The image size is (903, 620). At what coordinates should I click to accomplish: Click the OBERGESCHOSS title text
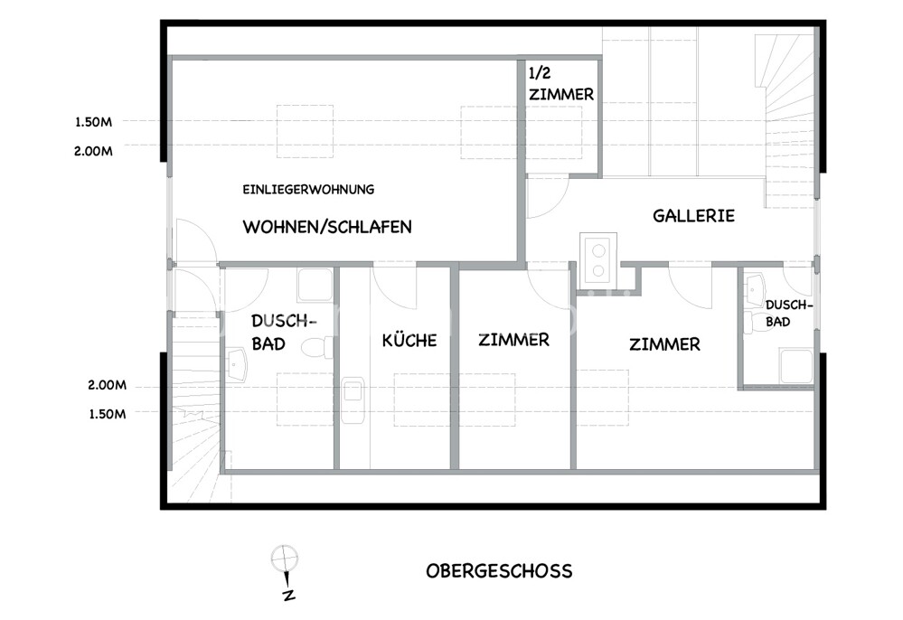499,571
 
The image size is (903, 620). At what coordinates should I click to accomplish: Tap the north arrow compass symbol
285,571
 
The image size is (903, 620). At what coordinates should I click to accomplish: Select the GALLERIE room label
693,216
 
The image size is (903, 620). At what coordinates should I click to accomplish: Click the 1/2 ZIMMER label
561,84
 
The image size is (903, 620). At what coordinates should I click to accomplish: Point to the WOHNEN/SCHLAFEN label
327,227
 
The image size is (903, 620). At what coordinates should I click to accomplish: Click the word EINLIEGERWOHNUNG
308,190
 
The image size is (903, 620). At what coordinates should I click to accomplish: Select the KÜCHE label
409,340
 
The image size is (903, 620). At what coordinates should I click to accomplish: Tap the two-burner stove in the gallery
598,260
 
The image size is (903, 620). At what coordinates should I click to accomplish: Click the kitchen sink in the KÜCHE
353,400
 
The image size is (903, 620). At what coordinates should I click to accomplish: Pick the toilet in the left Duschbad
317,348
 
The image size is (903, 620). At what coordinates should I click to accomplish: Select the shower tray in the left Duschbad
315,285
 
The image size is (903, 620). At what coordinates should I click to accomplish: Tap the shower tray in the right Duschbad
795,365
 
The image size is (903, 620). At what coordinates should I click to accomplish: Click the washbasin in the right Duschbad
755,291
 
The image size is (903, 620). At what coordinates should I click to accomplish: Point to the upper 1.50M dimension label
93,122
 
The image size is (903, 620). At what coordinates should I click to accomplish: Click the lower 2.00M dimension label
108,385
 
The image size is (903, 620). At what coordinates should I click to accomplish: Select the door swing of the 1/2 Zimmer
549,197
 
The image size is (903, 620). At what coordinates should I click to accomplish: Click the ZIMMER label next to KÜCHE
513,340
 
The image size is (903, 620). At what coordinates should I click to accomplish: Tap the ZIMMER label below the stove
664,344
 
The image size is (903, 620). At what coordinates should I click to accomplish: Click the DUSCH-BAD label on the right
788,314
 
